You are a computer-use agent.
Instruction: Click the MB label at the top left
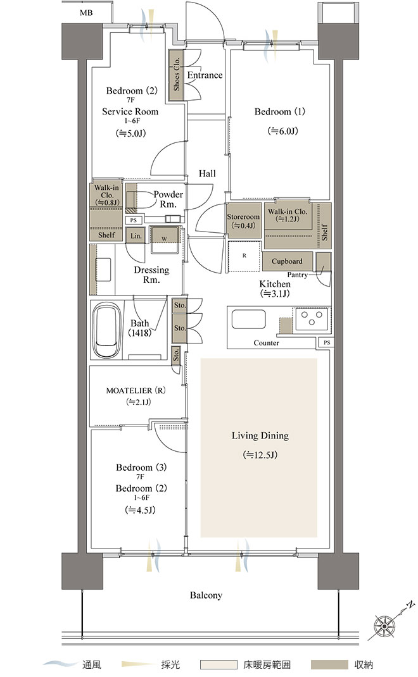tap(86, 13)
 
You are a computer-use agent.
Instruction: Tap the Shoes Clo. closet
tap(176, 75)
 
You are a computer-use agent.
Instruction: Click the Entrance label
tap(205, 75)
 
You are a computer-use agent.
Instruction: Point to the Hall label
tap(207, 173)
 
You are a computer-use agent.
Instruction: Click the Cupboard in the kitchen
tap(287, 261)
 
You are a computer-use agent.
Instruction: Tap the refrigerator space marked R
tap(244, 256)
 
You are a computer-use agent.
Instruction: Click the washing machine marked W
tap(165, 240)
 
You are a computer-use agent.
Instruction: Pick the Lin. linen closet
tap(136, 236)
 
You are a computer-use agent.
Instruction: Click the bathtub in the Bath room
tap(107, 331)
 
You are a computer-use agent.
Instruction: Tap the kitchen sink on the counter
tap(248, 319)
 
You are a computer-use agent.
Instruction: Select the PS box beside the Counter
tap(326, 342)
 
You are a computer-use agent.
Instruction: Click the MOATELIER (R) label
tap(136, 390)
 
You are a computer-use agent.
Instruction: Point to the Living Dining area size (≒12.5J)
tap(260, 455)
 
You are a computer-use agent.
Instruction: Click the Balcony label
tap(206, 595)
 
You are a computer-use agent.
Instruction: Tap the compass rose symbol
tap(383, 625)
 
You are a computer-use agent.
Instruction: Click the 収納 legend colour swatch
tap(329, 664)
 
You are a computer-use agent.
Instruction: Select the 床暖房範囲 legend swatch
tap(218, 664)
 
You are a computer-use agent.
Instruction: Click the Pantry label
tap(298, 275)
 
